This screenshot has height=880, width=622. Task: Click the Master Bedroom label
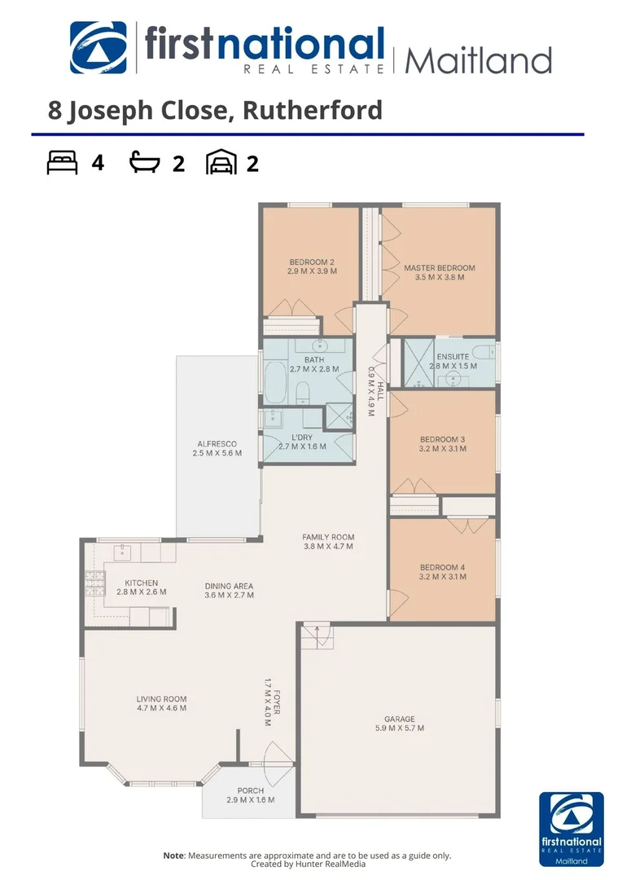(x=439, y=267)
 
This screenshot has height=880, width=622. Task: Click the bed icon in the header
(x=63, y=163)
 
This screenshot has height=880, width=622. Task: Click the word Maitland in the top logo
(x=478, y=60)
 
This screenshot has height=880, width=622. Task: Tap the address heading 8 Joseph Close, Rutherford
(x=215, y=110)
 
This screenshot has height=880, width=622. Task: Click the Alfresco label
(x=217, y=443)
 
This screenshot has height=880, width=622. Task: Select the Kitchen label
(x=141, y=583)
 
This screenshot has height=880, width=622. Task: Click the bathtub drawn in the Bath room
(x=274, y=383)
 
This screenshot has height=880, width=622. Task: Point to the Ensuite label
(x=452, y=357)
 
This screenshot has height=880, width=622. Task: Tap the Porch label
(x=250, y=790)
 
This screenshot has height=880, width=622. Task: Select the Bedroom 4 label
(x=442, y=567)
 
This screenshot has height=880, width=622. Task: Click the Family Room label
(x=328, y=537)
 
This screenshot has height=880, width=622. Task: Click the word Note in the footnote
(x=173, y=856)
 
